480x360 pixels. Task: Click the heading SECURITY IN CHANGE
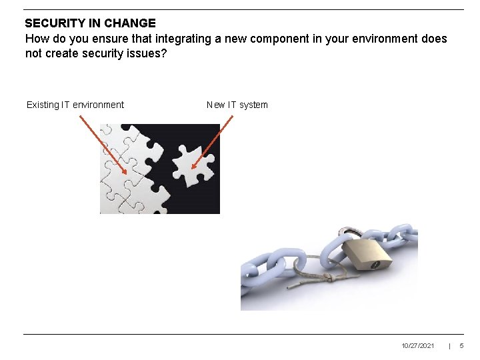90,23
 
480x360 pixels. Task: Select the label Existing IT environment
75,105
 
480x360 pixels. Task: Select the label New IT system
237,105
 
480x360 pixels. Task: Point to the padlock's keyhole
375,264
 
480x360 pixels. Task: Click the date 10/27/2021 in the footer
418,346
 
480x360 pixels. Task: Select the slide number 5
461,346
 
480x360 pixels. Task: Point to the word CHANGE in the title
130,23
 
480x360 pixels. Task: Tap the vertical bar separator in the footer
449,346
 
